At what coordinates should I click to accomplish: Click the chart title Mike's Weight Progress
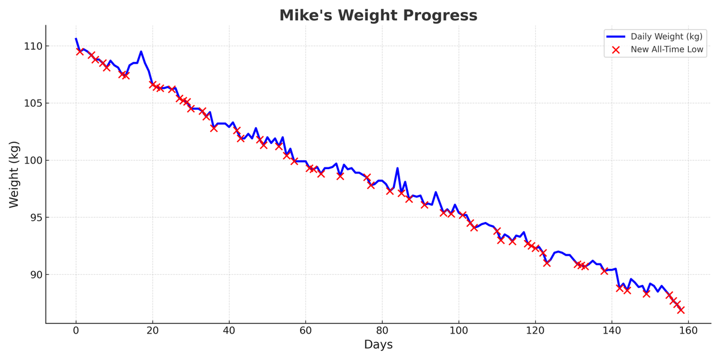(378, 16)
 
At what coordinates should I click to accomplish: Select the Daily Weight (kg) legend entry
(666, 37)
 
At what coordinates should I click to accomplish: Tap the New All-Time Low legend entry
(667, 50)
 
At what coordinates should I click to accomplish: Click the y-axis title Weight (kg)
(14, 174)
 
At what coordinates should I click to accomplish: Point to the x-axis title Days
(378, 345)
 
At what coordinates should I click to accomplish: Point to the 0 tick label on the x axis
(76, 330)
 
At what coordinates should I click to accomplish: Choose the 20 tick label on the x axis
(152, 330)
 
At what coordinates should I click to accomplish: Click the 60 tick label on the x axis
(305, 330)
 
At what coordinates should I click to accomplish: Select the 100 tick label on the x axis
(459, 330)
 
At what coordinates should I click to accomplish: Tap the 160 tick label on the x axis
(688, 330)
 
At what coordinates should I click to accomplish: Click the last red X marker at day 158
(680, 310)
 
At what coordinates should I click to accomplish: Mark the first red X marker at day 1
(80, 52)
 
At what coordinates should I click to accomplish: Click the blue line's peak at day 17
(141, 52)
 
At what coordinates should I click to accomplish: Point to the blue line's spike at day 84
(397, 168)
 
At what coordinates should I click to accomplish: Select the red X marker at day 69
(340, 176)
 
